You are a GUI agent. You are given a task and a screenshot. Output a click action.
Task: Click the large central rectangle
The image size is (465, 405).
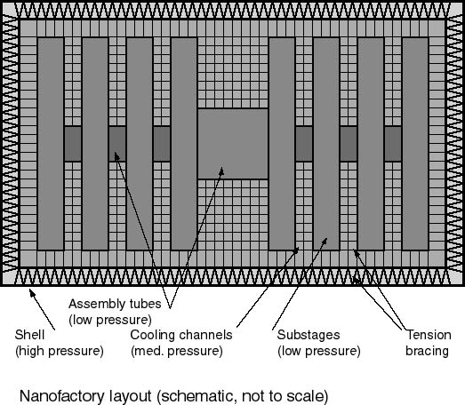point(233,144)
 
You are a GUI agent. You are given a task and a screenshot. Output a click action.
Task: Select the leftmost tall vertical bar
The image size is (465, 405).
point(51,144)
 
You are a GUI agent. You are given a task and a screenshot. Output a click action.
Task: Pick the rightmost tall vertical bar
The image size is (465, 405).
point(415,144)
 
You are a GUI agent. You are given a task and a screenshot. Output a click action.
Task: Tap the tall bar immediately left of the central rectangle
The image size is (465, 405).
point(184,144)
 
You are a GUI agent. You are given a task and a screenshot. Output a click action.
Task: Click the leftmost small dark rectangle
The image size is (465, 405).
point(73,144)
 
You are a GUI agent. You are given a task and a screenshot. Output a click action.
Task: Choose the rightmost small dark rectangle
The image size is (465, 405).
point(393,144)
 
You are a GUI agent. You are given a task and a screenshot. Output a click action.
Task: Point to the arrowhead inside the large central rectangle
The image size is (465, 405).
point(221,171)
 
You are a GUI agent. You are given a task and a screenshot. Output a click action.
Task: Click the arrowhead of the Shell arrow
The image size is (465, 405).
point(32,293)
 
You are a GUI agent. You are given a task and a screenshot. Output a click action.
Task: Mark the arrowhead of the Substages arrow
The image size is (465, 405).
point(325,242)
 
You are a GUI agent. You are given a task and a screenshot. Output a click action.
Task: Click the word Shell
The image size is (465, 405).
point(29,335)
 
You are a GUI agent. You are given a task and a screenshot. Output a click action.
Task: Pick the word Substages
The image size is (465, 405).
point(309,336)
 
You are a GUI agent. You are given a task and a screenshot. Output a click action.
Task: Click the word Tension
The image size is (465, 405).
point(429,335)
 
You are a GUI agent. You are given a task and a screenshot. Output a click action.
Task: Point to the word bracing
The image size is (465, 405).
point(427,352)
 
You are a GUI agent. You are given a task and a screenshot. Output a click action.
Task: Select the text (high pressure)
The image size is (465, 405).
point(60,352)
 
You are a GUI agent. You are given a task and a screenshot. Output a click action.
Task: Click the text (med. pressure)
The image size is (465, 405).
point(177,352)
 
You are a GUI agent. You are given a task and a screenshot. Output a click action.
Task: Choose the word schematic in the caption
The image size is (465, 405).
point(196,396)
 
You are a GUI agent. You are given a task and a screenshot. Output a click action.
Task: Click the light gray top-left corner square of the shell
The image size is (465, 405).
point(9,10)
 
